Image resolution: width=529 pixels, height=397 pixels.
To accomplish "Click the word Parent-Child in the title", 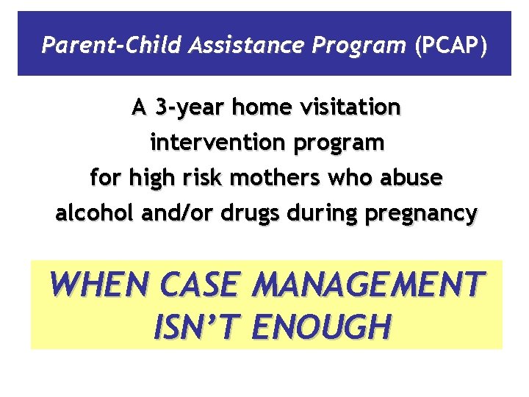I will point(88,46).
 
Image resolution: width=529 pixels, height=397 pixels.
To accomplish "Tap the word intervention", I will point(212,143).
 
